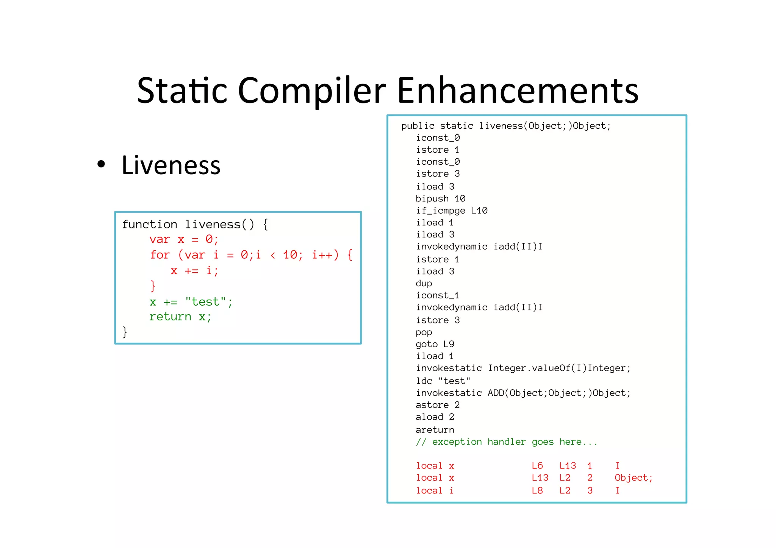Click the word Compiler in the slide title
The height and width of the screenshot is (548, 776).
(311, 91)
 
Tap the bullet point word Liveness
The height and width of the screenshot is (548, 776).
(171, 165)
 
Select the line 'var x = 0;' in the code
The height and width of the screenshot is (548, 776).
(184, 239)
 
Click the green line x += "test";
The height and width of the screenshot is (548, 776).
(191, 302)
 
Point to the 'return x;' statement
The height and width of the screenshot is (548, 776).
(180, 317)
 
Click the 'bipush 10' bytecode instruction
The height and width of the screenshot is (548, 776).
(440, 198)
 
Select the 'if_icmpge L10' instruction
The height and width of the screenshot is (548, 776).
(452, 211)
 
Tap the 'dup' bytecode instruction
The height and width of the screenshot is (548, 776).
(424, 283)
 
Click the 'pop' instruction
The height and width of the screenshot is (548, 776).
(424, 332)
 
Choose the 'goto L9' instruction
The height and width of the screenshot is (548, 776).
(435, 344)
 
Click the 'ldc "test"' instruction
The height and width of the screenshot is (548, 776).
(443, 381)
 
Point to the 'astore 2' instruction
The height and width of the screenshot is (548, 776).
(438, 405)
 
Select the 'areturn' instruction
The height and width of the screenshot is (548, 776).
(435, 430)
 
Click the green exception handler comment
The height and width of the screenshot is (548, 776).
(506, 442)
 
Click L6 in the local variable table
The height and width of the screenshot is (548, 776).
(537, 466)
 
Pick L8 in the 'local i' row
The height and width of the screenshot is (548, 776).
(537, 491)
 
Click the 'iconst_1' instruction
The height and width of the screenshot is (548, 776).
(437, 295)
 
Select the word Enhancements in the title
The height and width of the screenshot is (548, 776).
(518, 91)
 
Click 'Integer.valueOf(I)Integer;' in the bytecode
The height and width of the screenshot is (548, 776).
(559, 368)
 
